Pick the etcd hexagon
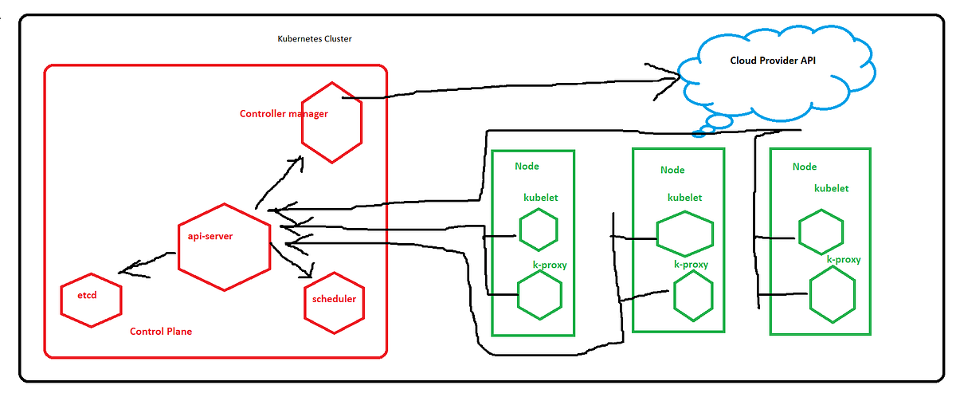(x=91, y=299)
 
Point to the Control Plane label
(x=160, y=331)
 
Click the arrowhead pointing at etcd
(x=126, y=271)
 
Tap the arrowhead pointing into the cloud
(x=673, y=77)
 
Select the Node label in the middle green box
(x=672, y=170)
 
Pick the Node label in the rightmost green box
(x=805, y=166)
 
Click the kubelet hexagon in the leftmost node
(x=538, y=230)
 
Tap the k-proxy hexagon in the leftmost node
(x=539, y=293)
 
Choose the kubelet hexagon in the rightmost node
(x=821, y=231)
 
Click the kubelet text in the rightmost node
(x=831, y=189)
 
